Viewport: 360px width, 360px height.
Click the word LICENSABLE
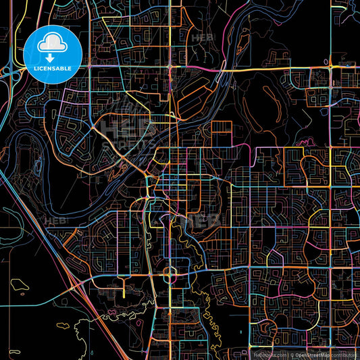[53, 68]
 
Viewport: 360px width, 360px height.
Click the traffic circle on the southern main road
[169, 273]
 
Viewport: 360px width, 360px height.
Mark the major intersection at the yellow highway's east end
[330, 68]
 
